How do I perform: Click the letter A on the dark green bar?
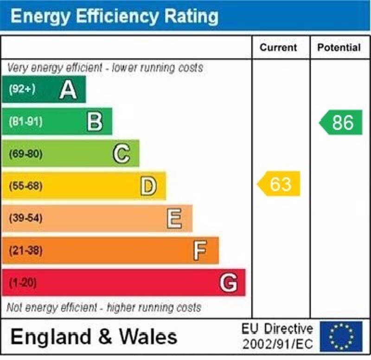click(x=68, y=90)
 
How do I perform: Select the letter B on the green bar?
click(x=95, y=122)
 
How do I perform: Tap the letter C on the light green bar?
click(x=122, y=154)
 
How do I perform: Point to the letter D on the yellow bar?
click(x=148, y=186)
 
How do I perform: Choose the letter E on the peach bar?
click(x=174, y=218)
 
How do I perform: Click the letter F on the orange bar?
click(x=200, y=251)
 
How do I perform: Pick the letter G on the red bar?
click(x=229, y=283)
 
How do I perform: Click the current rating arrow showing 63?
click(x=279, y=184)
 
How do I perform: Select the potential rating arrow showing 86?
click(x=341, y=123)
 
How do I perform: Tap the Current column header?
click(x=278, y=47)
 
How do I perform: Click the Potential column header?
click(x=339, y=47)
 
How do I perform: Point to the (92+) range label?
click(x=22, y=89)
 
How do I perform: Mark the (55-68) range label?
click(x=25, y=186)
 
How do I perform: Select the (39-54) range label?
click(x=25, y=218)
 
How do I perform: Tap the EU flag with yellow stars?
click(x=341, y=336)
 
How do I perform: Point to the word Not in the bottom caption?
click(x=14, y=307)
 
